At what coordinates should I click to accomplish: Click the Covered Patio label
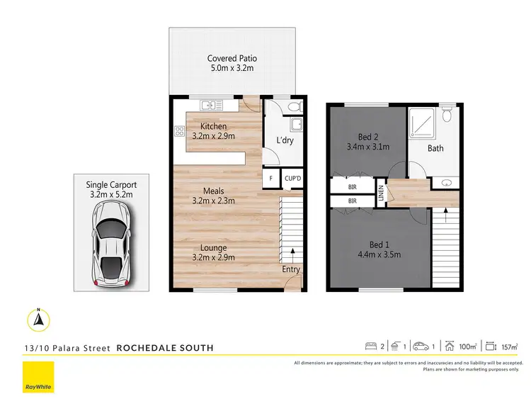pos(232,58)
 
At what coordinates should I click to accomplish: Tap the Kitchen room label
pos(213,127)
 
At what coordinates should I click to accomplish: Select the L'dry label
pos(285,140)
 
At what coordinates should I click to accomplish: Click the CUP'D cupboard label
pos(292,178)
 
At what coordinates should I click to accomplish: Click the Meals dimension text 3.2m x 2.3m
pos(213,201)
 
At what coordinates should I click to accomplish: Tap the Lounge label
pos(213,248)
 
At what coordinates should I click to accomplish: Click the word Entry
pos(291,269)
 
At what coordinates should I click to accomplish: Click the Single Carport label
pos(112,184)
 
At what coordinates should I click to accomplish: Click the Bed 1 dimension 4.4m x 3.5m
pos(381,254)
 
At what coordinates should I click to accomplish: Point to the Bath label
pos(435,148)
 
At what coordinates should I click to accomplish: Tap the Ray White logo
pos(39,378)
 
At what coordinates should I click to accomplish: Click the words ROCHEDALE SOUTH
pos(164,348)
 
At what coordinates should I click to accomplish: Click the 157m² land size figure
pos(509,347)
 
